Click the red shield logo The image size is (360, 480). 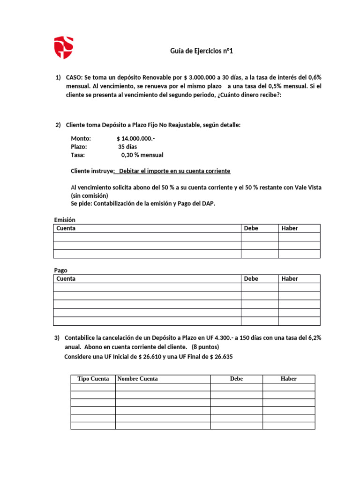tap(63, 47)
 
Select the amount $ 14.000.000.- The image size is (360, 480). tap(136, 138)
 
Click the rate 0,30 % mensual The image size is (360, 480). tap(142, 155)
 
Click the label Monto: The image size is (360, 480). tap(81, 138)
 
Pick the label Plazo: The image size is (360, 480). tap(79, 147)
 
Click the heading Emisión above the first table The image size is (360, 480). tap(65, 220)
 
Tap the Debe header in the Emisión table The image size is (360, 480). tap(251, 228)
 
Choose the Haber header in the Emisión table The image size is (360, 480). tap(290, 228)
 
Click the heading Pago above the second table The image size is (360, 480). tap(61, 270)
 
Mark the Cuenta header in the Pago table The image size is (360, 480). tap(66, 278)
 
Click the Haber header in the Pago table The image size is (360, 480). tap(290, 278)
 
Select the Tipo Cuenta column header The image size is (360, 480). tap(93, 379)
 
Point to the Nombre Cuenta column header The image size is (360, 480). tap(138, 379)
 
